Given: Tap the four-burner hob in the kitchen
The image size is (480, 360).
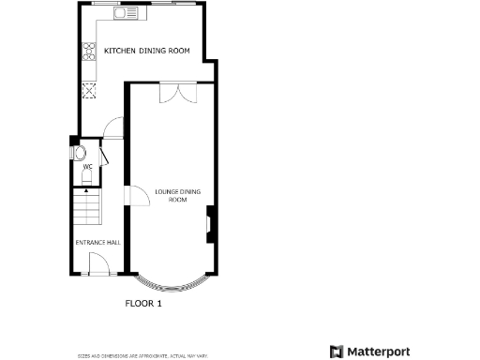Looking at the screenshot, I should coord(90,52).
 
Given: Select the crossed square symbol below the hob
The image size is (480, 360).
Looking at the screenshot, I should coord(91,91).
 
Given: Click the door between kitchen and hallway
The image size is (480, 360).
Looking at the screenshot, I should coord(113,128).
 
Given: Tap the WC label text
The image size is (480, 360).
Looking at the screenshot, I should coord(87,167).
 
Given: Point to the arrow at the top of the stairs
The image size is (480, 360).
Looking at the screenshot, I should coord(86,191).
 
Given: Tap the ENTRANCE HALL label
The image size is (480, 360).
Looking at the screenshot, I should coord(97,243).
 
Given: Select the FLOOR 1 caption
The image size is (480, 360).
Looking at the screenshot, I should coord(143,304).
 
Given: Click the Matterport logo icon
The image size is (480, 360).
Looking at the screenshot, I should coord(337,352).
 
